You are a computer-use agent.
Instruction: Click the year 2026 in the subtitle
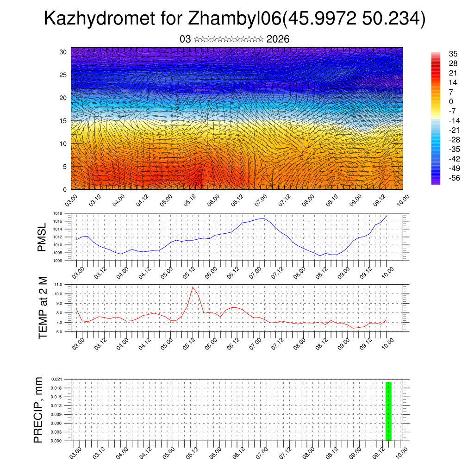tap(278, 39)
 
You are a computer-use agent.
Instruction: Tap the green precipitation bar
tap(388, 411)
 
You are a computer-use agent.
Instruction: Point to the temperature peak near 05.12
tap(193, 287)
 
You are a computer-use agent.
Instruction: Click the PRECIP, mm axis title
tap(38, 410)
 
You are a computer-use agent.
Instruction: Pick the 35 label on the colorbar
tap(453, 54)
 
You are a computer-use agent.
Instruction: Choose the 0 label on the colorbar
tap(451, 101)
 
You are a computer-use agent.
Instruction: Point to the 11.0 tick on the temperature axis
tap(59, 284)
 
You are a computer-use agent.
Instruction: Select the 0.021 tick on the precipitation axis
tap(57, 379)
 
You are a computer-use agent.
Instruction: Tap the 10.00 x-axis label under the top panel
tap(402, 200)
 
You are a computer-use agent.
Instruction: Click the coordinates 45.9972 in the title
tap(321, 19)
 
